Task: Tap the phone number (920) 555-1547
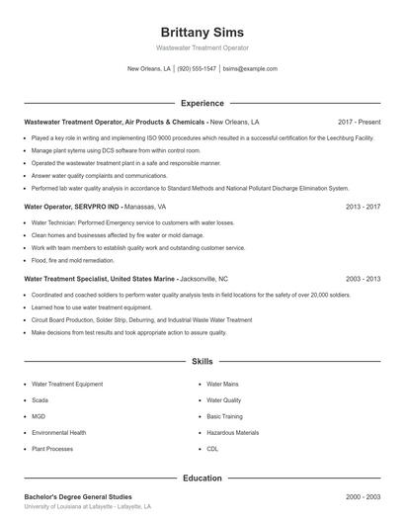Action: click(198, 69)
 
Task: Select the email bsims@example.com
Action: click(250, 69)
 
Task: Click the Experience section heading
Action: click(202, 103)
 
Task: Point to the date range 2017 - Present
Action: click(359, 122)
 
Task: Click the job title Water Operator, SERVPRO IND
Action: click(71, 207)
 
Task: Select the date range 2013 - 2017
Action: click(363, 207)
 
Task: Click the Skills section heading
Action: click(202, 363)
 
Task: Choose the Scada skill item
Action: click(40, 399)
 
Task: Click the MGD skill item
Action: click(40, 416)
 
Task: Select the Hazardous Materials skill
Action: click(232, 432)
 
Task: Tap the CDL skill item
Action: click(212, 449)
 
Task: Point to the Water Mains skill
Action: click(222, 383)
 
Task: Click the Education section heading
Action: click(202, 478)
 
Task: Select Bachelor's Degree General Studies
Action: click(77, 496)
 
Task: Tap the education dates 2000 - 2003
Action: click(363, 496)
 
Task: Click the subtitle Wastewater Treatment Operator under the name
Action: click(202, 47)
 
